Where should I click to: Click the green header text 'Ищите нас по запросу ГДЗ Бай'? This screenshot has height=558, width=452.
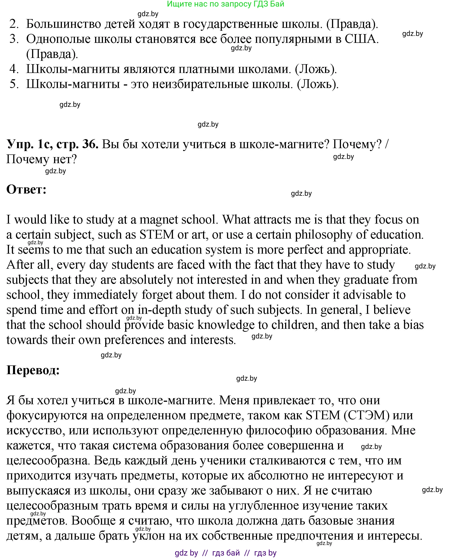(x=225, y=4)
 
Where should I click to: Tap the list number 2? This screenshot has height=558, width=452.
(x=14, y=24)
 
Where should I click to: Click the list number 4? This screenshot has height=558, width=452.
(x=14, y=69)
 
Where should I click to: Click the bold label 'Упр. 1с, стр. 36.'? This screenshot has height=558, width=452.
(x=52, y=144)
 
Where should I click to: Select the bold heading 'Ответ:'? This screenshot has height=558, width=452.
(x=26, y=189)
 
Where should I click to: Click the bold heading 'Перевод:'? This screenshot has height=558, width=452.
(x=33, y=370)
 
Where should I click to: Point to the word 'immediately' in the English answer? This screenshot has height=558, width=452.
(x=105, y=295)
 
